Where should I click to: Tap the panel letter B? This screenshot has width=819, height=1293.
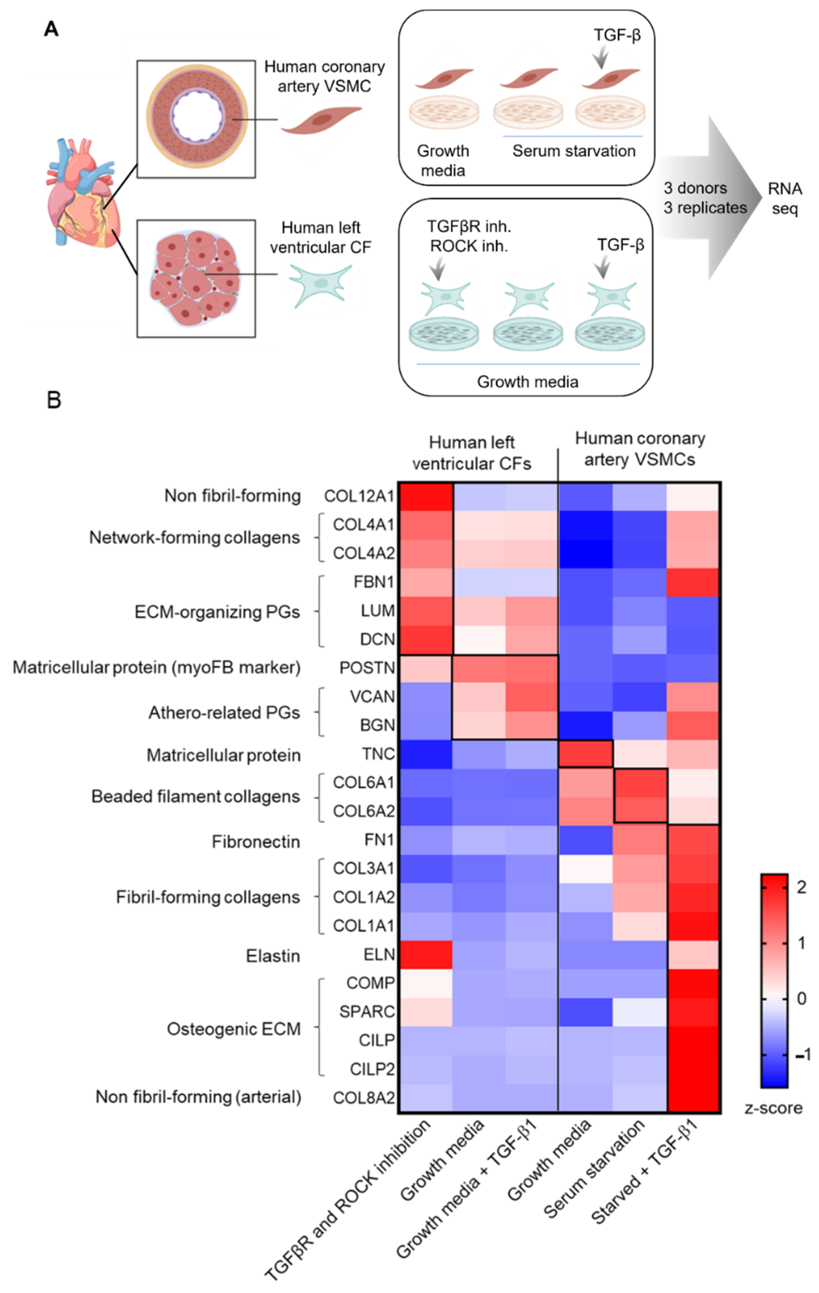54,400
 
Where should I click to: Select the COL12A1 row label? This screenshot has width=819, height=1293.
359,496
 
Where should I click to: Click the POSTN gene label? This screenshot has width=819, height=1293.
367,667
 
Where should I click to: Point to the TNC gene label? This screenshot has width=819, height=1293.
379,754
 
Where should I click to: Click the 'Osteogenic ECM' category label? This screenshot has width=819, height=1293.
234,1029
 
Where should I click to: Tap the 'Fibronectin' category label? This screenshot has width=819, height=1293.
256,842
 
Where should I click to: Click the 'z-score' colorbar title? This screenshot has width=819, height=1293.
773,1108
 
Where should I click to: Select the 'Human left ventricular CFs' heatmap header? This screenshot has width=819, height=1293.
471,453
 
